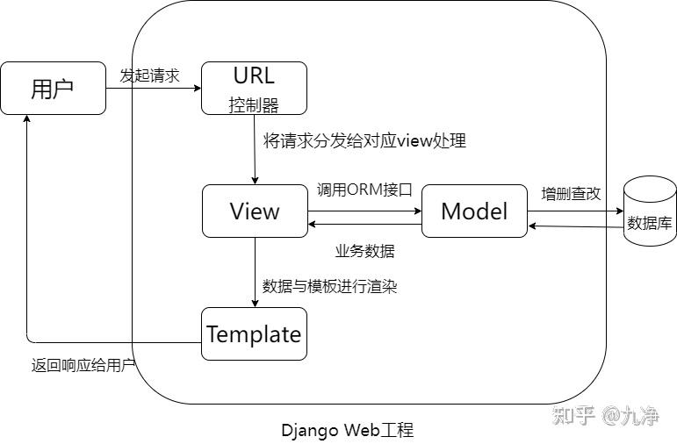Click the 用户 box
tap(53, 88)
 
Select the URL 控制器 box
tap(255, 88)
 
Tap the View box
tap(255, 211)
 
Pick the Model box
tap(474, 211)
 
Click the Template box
tap(255, 333)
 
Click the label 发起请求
tap(149, 75)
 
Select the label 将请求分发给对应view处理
tap(364, 140)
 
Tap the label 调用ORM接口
tap(364, 190)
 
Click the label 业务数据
tap(364, 251)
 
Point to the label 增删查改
tap(571, 194)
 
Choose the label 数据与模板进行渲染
tap(330, 286)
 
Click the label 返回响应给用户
tap(83, 365)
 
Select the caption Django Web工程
tap(347, 430)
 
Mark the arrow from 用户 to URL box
tap(154, 88)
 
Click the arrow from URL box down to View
tap(255, 149)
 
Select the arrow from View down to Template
tap(255, 272)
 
